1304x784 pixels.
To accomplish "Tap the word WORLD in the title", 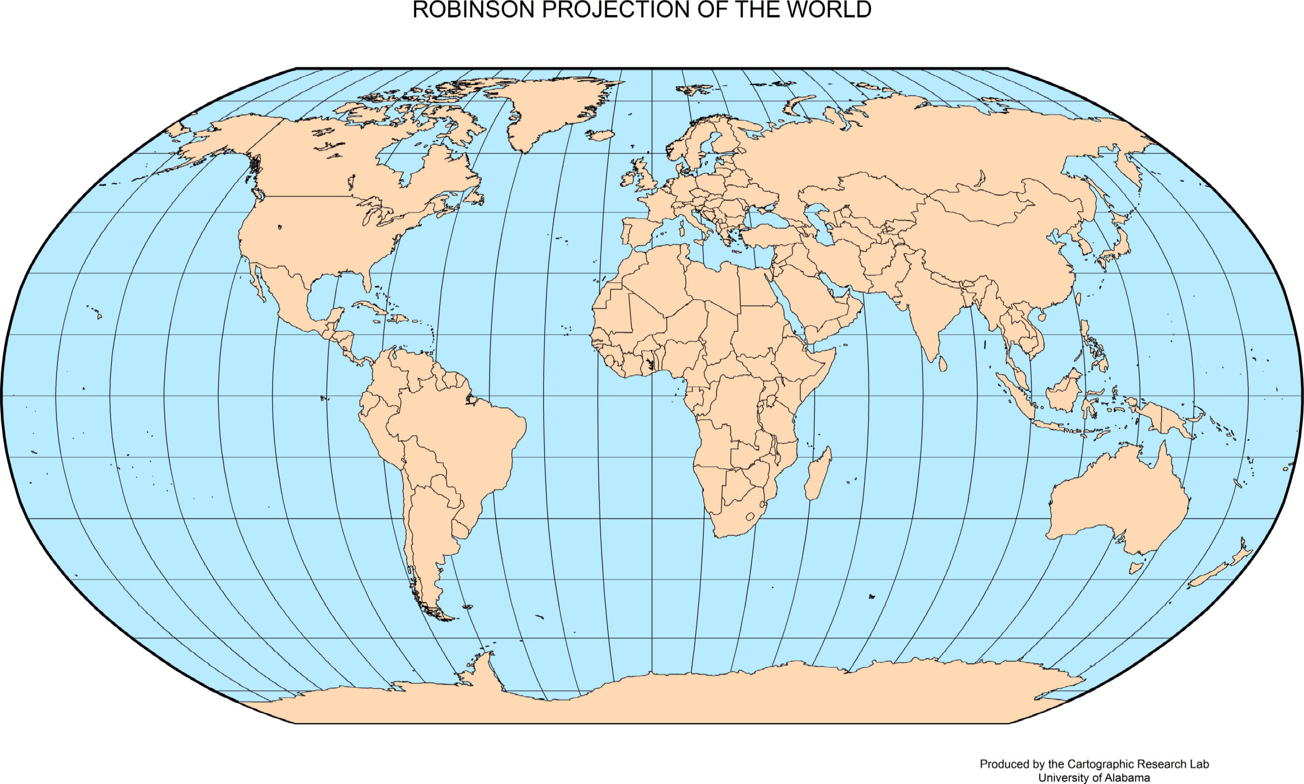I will (x=829, y=10).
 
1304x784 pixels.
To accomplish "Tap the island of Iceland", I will (x=601, y=135).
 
